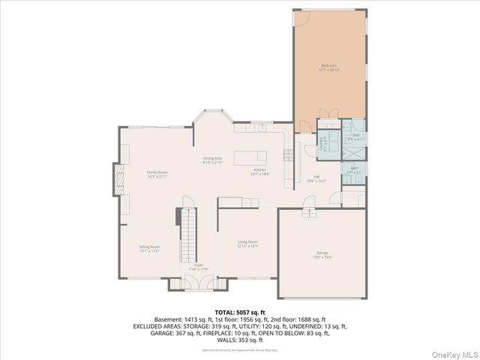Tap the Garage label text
click(x=322, y=256)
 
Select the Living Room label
click(x=247, y=243)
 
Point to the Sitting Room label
click(x=149, y=248)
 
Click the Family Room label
click(x=157, y=174)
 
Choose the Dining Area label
click(x=213, y=159)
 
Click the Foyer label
click(x=199, y=266)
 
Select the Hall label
click(x=316, y=178)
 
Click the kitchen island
click(x=250, y=157)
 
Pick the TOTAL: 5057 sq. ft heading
click(x=240, y=311)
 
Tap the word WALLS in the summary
click(x=227, y=340)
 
